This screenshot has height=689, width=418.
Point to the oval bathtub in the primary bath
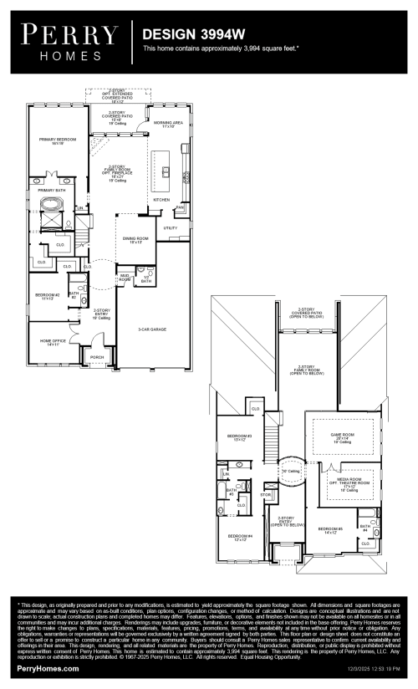point(48,205)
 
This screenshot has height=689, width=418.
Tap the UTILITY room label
point(171,227)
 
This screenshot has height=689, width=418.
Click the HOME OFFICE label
point(53,342)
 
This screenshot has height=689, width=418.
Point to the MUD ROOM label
point(125,277)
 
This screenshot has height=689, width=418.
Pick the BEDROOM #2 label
point(47,296)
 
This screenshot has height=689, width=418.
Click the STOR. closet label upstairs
point(266,494)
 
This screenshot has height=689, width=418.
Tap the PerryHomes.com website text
point(48,669)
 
